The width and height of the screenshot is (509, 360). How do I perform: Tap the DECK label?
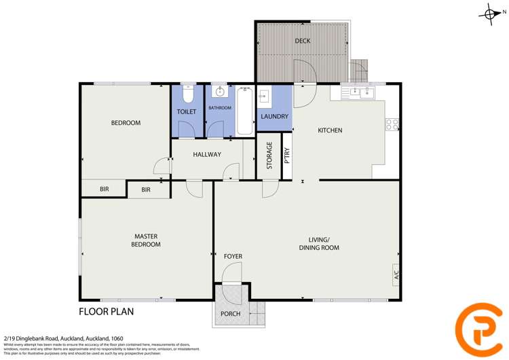coord(303,41)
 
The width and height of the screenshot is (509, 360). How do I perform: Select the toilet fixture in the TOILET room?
coord(187,93)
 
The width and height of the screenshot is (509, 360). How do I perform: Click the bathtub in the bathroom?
coord(245,110)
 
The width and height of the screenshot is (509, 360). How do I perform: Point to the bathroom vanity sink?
coord(220,92)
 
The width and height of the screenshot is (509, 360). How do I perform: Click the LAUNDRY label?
coord(275,117)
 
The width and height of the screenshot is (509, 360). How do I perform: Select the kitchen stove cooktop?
coord(392,124)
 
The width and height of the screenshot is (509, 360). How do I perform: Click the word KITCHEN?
coord(330,130)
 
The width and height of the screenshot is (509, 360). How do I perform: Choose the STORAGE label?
coord(269,156)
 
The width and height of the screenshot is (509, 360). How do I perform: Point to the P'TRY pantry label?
coord(288,156)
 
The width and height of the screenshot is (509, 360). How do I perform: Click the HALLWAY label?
coord(207,155)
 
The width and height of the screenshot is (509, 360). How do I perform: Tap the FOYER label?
coord(233,256)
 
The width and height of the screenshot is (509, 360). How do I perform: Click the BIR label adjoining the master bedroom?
coord(146,190)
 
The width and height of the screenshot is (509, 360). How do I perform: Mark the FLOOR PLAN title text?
coord(107,312)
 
